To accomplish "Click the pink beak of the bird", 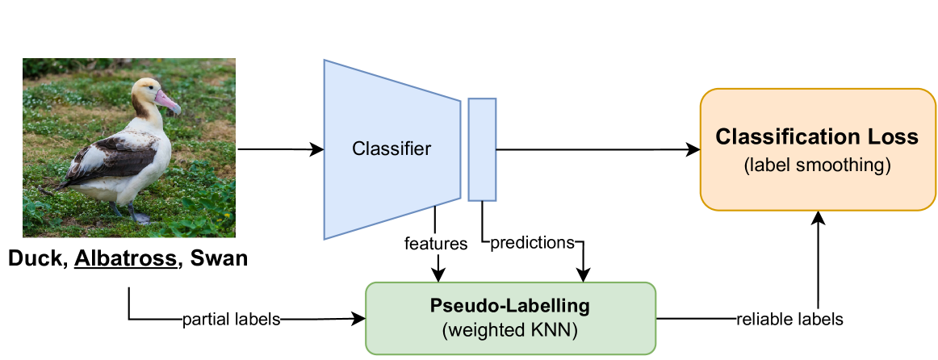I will click(x=168, y=102).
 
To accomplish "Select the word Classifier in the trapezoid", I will click(x=392, y=149).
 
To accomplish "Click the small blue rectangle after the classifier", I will click(x=482, y=149).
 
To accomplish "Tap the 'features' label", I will click(x=436, y=243).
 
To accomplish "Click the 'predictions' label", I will click(x=533, y=243).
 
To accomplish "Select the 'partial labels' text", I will click(x=232, y=320).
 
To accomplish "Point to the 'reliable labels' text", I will click(x=789, y=320).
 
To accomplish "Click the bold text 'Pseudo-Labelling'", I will click(x=509, y=307).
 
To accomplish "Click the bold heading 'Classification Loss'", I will click(x=817, y=136).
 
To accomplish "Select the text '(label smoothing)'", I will click(x=817, y=165).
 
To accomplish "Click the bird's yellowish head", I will click(x=145, y=93).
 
